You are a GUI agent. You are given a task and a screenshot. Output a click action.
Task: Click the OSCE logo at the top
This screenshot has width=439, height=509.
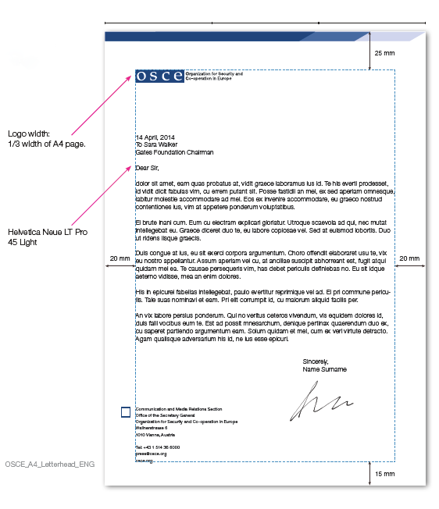(x=160, y=76)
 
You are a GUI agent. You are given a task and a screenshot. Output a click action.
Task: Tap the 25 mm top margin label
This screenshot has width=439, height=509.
(x=384, y=54)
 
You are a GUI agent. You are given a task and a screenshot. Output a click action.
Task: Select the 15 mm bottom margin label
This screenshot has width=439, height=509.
(x=384, y=474)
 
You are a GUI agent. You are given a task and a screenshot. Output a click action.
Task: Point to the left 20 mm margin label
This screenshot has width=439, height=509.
(x=120, y=258)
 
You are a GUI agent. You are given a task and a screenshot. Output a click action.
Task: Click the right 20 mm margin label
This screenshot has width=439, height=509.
(x=409, y=258)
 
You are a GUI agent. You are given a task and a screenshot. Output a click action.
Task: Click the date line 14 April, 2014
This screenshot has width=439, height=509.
(x=155, y=137)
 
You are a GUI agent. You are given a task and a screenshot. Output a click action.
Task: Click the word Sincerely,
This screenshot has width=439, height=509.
(x=318, y=361)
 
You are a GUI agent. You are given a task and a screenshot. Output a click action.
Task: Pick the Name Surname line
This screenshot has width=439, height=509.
(x=324, y=369)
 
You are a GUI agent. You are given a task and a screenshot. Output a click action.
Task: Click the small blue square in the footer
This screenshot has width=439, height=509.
(x=127, y=411)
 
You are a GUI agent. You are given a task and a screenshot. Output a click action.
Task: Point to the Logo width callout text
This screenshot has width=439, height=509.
(x=46, y=138)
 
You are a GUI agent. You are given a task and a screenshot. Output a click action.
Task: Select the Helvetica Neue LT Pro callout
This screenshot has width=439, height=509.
(x=44, y=237)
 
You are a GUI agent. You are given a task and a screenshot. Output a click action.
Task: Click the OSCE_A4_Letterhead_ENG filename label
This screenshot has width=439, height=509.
(x=49, y=464)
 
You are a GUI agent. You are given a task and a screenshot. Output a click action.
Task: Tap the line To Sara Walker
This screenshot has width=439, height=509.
(x=156, y=144)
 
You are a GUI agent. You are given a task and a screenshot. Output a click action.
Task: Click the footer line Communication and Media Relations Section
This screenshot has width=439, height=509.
(x=179, y=409)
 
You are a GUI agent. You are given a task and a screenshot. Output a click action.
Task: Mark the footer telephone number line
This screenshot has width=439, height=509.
(x=158, y=447)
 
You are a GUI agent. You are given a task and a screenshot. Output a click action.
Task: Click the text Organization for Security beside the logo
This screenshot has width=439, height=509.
(x=213, y=73)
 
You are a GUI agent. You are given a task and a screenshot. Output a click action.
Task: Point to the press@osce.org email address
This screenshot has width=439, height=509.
(x=151, y=454)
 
